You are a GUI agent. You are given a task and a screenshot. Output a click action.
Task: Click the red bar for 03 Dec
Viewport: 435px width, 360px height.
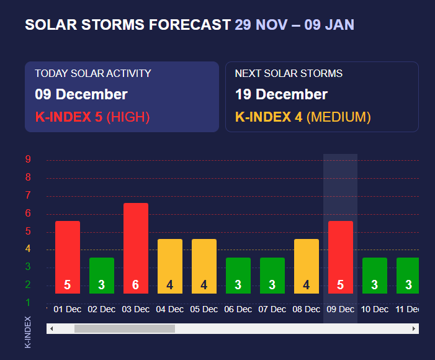click(135, 248)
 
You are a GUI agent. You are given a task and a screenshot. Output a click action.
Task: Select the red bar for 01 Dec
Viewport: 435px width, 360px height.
click(68, 257)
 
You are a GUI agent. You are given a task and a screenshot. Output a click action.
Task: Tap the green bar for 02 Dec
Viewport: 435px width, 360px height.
click(102, 276)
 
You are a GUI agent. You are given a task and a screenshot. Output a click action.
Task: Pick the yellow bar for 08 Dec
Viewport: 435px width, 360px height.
click(306, 266)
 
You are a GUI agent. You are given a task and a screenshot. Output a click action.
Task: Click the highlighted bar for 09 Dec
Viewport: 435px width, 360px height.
click(340, 257)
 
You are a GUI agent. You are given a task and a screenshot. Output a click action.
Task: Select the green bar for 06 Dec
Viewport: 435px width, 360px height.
click(238, 276)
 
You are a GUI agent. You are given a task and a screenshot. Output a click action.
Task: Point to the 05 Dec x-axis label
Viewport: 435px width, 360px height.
click(204, 309)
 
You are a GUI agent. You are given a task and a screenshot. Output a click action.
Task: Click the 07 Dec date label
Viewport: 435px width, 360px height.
click(272, 309)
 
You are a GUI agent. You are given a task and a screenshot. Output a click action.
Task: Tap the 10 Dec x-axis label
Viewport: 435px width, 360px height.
click(374, 309)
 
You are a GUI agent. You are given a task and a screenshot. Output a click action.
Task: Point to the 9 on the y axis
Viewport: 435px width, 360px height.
click(28, 160)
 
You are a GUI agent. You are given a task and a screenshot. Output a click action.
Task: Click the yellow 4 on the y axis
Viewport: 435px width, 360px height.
click(28, 250)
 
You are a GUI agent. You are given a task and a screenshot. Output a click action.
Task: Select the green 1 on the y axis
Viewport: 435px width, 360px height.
click(28, 303)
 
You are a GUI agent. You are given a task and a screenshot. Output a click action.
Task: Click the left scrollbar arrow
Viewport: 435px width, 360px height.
click(52, 329)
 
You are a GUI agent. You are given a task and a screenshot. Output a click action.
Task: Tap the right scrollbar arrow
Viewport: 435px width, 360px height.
click(414, 329)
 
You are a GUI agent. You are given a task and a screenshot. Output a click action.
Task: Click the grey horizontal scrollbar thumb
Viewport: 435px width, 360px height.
click(124, 329)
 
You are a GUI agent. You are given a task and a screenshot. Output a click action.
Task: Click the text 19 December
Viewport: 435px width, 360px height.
click(281, 94)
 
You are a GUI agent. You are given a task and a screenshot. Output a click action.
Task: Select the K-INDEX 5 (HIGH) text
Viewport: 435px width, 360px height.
click(92, 117)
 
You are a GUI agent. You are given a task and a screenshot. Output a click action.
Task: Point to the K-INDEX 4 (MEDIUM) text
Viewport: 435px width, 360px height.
click(303, 117)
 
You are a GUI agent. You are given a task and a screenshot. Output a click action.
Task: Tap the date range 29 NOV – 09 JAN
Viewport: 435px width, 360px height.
click(294, 25)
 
